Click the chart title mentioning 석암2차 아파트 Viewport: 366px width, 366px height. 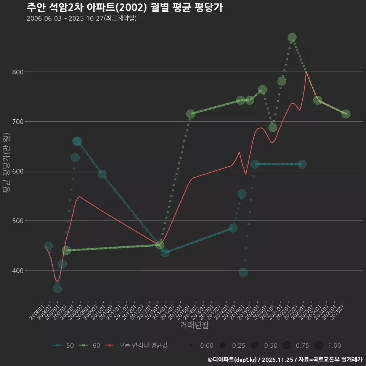point(125,7)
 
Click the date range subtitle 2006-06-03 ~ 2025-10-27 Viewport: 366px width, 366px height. point(82,18)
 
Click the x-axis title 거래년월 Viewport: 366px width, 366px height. point(194,325)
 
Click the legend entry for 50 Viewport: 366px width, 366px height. point(63,345)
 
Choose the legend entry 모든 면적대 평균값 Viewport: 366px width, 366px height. point(138,345)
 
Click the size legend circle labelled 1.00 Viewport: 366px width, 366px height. point(318,345)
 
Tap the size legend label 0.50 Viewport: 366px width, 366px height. point(271,345)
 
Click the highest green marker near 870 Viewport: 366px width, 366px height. point(292,38)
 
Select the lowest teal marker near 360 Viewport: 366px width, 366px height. point(57,289)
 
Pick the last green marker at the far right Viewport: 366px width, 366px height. point(346,114)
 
